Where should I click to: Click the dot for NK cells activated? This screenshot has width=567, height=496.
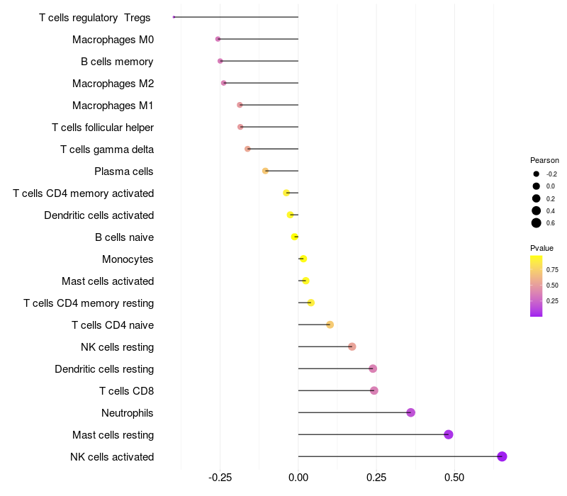coord(502,456)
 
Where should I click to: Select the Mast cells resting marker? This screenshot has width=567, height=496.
coord(448,434)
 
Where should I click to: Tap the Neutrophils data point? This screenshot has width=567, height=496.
coord(410,412)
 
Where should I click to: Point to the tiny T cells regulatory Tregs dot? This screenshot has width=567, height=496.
coord(174,17)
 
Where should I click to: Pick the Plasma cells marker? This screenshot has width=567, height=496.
coord(265,171)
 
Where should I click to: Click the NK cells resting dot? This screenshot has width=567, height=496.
coord(352,346)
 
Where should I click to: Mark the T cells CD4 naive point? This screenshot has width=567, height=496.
coord(330,325)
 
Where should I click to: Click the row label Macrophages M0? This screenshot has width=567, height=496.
coord(113,40)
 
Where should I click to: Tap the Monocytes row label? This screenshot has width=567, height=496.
coord(128,259)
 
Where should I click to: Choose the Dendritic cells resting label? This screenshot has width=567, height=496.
coord(104,369)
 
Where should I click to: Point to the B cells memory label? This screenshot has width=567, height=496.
coord(117,62)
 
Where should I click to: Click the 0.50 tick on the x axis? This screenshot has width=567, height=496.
coord(454,477)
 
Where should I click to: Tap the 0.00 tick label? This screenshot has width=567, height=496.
coord(298,477)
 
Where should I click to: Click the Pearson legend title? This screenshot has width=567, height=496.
coord(544,160)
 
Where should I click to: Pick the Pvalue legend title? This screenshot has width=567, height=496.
coord(541,248)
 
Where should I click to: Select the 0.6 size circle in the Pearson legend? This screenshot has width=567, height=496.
coord(537,223)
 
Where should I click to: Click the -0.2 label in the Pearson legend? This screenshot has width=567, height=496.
coord(551,174)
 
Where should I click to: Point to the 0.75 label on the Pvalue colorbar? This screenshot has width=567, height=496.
coord(552,270)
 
